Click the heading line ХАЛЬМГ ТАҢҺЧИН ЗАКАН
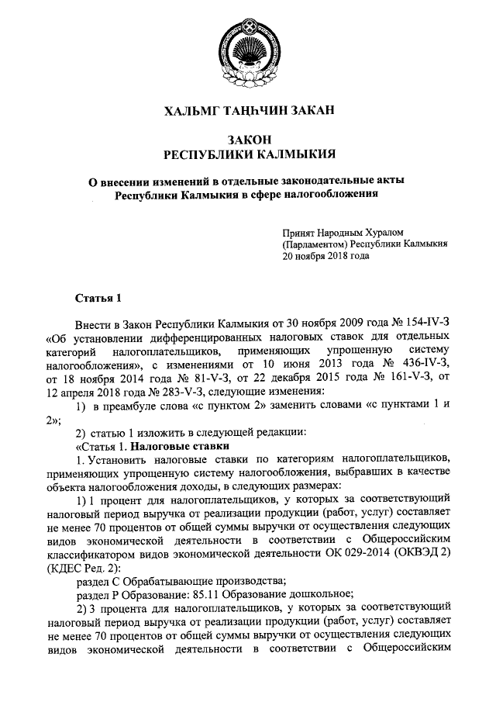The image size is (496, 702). click(248, 112)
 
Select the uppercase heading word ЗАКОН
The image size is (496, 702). click(248, 139)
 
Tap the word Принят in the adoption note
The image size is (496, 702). click(300, 231)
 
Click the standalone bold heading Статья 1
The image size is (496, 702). click(98, 297)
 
